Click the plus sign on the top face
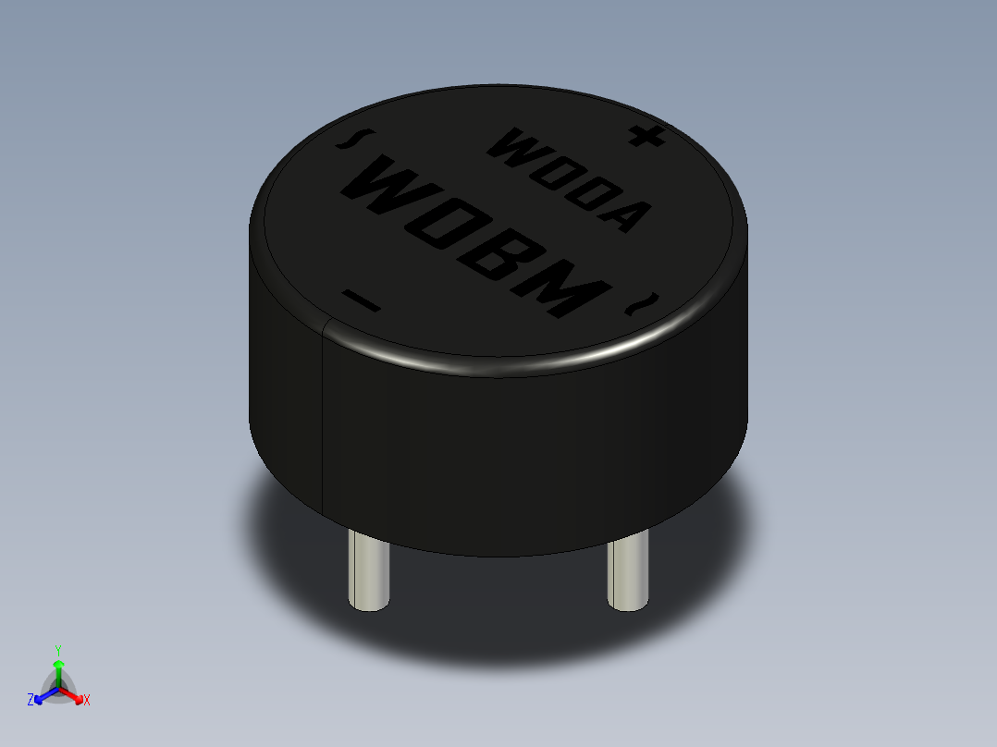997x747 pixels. point(646,137)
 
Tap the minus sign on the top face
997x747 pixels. point(361,300)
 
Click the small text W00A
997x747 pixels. point(566,180)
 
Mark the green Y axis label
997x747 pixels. point(58,649)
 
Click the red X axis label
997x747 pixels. point(86,700)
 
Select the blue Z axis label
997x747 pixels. point(31,700)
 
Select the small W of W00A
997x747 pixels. point(511,145)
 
